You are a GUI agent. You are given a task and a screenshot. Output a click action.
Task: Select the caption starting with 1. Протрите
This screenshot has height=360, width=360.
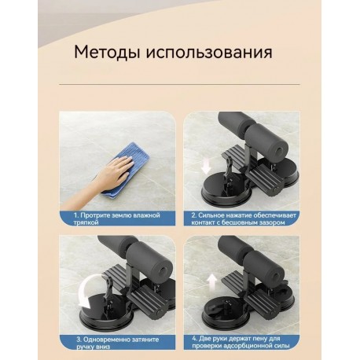click(x=117, y=218)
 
